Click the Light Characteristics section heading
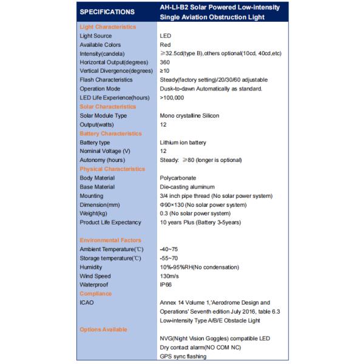pyautogui.click(x=107, y=27)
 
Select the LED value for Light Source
pyautogui.click(x=166, y=36)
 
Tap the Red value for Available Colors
pyautogui.click(x=166, y=45)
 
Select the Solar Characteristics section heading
pyautogui.click(x=108, y=107)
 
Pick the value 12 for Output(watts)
pyautogui.click(x=163, y=124)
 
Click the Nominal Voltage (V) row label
pyautogui.click(x=105, y=151)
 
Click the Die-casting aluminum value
pyautogui.click(x=187, y=187)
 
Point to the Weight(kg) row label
pyautogui.click(x=95, y=214)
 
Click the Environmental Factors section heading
pyautogui.click(x=110, y=240)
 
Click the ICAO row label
pyautogui.click(x=87, y=303)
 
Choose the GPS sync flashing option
pyautogui.click(x=183, y=356)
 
